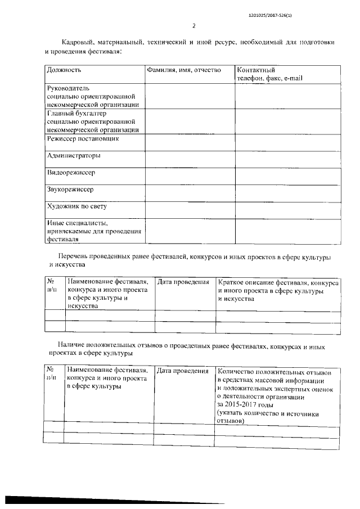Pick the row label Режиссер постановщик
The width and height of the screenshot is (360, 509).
(83, 138)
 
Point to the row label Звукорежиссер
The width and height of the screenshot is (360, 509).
(70, 190)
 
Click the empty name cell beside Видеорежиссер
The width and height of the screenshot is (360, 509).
(190, 176)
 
